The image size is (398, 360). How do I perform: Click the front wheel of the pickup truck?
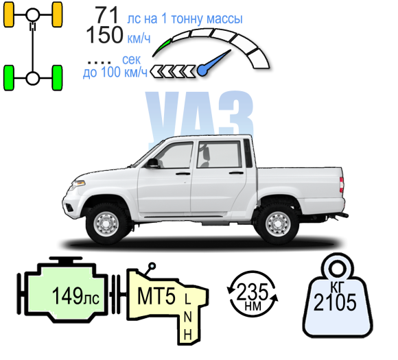pos(106,224)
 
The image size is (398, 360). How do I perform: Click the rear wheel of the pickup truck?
pos(278,224)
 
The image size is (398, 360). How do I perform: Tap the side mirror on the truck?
pos(152,163)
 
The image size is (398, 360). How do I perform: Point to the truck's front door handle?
pos(183,173)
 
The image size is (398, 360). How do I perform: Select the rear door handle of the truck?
pos(236,173)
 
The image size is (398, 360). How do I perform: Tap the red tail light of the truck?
pos(342,184)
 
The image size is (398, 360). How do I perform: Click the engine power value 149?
pos(67,296)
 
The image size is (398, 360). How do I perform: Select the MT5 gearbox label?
pos(156,296)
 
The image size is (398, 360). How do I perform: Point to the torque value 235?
pos(253,291)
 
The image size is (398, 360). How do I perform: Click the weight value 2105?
pos(335,302)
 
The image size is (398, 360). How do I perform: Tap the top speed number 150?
pos(104,35)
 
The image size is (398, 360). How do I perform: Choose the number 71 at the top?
pos(106,15)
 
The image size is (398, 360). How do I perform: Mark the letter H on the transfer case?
pos(187,335)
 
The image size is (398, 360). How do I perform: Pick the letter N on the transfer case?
pos(187,317)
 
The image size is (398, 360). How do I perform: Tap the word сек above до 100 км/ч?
pos(131,60)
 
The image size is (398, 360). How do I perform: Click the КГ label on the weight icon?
pos(337,287)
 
